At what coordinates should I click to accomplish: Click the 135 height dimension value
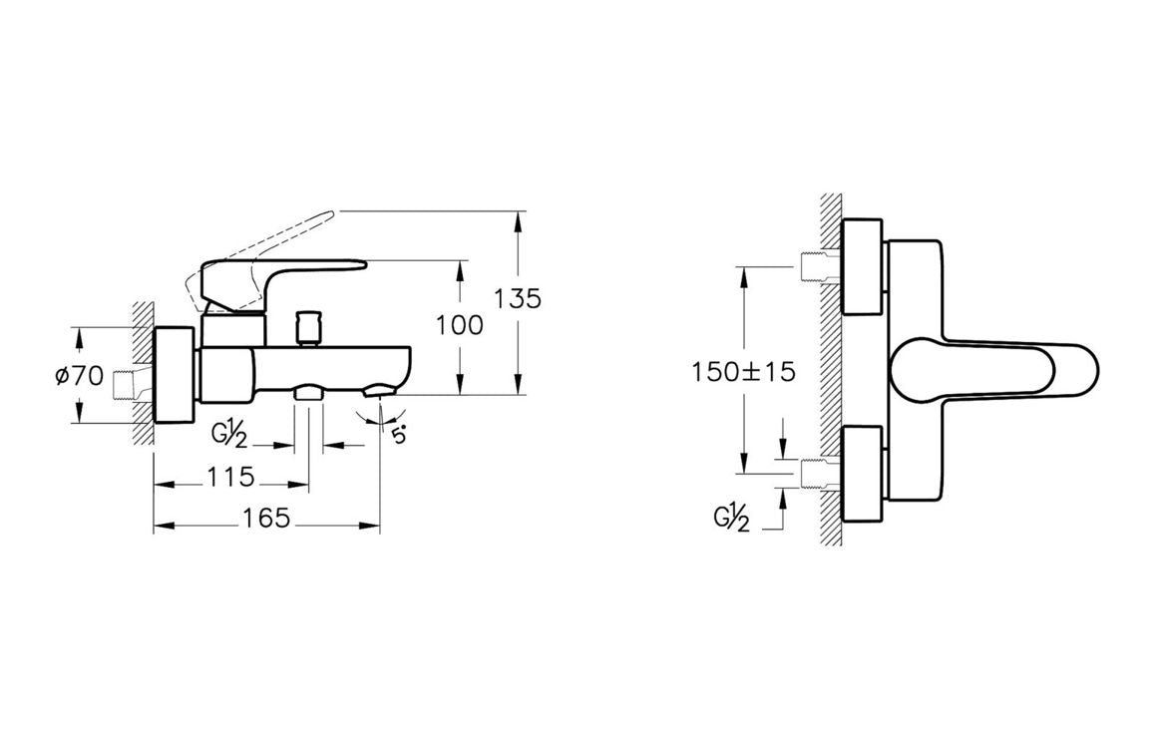click(518, 298)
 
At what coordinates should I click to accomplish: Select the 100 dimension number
click(460, 324)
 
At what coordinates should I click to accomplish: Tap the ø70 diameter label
click(80, 377)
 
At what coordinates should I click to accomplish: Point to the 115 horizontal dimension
click(230, 477)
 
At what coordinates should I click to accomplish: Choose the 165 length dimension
click(265, 518)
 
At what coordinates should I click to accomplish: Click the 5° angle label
click(399, 435)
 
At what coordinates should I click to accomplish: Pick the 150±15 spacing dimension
click(743, 371)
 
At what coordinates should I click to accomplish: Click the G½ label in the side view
click(228, 436)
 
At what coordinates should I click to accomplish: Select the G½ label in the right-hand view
click(731, 520)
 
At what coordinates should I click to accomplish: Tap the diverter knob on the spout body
click(307, 327)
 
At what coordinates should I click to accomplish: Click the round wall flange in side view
click(176, 374)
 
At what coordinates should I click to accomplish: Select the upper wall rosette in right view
click(862, 266)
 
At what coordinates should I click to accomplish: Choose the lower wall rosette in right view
click(862, 475)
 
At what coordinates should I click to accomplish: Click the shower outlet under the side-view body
click(308, 393)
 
